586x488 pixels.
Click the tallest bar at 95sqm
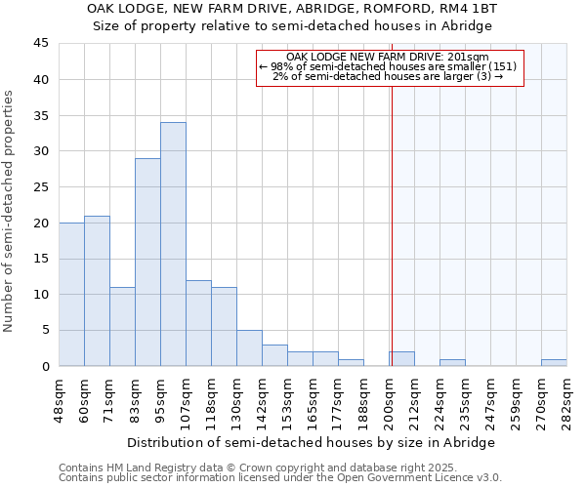point(173,244)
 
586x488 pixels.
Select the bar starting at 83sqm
point(147,262)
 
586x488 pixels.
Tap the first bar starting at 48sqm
point(71,294)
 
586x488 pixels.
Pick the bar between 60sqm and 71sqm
point(97,291)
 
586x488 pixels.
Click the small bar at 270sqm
point(554,363)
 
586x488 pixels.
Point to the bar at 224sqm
point(452,363)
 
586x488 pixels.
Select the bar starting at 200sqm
point(401,359)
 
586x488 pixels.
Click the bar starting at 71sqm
point(122,327)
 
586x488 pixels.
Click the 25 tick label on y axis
point(41,187)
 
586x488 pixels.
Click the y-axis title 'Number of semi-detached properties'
point(9,211)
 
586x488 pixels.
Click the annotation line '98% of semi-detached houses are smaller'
point(388,66)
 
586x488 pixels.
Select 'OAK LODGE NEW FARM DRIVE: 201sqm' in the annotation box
point(389,57)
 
